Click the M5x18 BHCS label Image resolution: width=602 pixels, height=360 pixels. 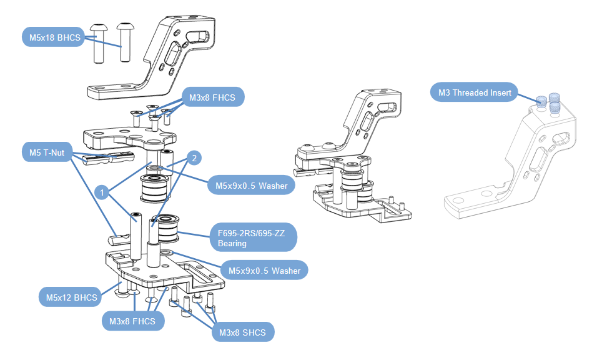point(55,37)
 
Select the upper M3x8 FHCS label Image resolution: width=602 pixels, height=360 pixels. point(212,97)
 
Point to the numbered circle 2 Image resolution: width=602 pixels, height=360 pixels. point(194,159)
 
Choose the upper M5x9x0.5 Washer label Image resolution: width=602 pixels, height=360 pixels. point(250,185)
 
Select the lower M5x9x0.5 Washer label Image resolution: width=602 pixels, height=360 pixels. point(264,271)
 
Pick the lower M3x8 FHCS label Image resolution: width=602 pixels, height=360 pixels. point(132,321)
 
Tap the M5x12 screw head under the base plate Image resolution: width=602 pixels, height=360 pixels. point(120,289)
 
